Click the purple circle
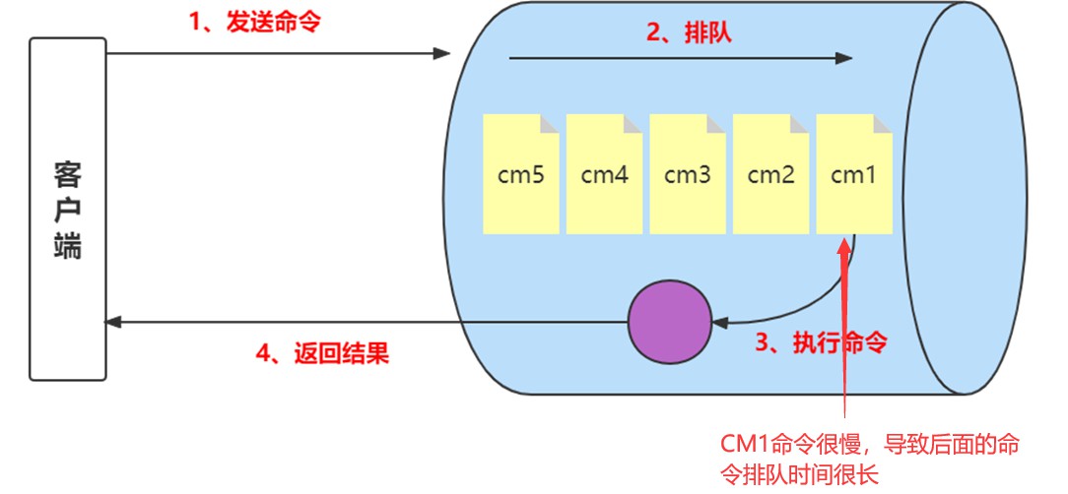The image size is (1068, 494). click(x=670, y=321)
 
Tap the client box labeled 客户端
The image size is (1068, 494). click(x=67, y=209)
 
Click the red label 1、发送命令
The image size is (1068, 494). click(x=255, y=22)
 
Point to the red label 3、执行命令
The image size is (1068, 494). click(x=821, y=343)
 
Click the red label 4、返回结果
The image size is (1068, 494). click(x=322, y=352)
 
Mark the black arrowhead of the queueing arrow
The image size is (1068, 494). click(x=843, y=59)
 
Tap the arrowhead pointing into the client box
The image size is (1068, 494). click(x=113, y=322)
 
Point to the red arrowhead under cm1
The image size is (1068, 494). click(x=843, y=246)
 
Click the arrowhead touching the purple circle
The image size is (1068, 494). click(x=719, y=321)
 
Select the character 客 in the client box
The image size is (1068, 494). click(x=67, y=175)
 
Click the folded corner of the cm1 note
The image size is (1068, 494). click(x=885, y=122)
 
